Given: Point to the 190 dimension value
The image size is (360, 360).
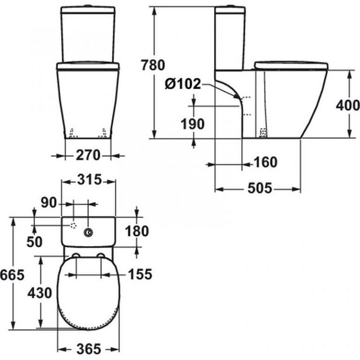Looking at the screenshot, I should click(x=192, y=124).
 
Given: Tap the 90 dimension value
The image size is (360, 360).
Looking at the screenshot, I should click(x=49, y=203).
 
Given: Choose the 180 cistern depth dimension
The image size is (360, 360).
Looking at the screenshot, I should click(x=137, y=232).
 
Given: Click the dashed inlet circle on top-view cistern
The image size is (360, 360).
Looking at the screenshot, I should click(x=73, y=225).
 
